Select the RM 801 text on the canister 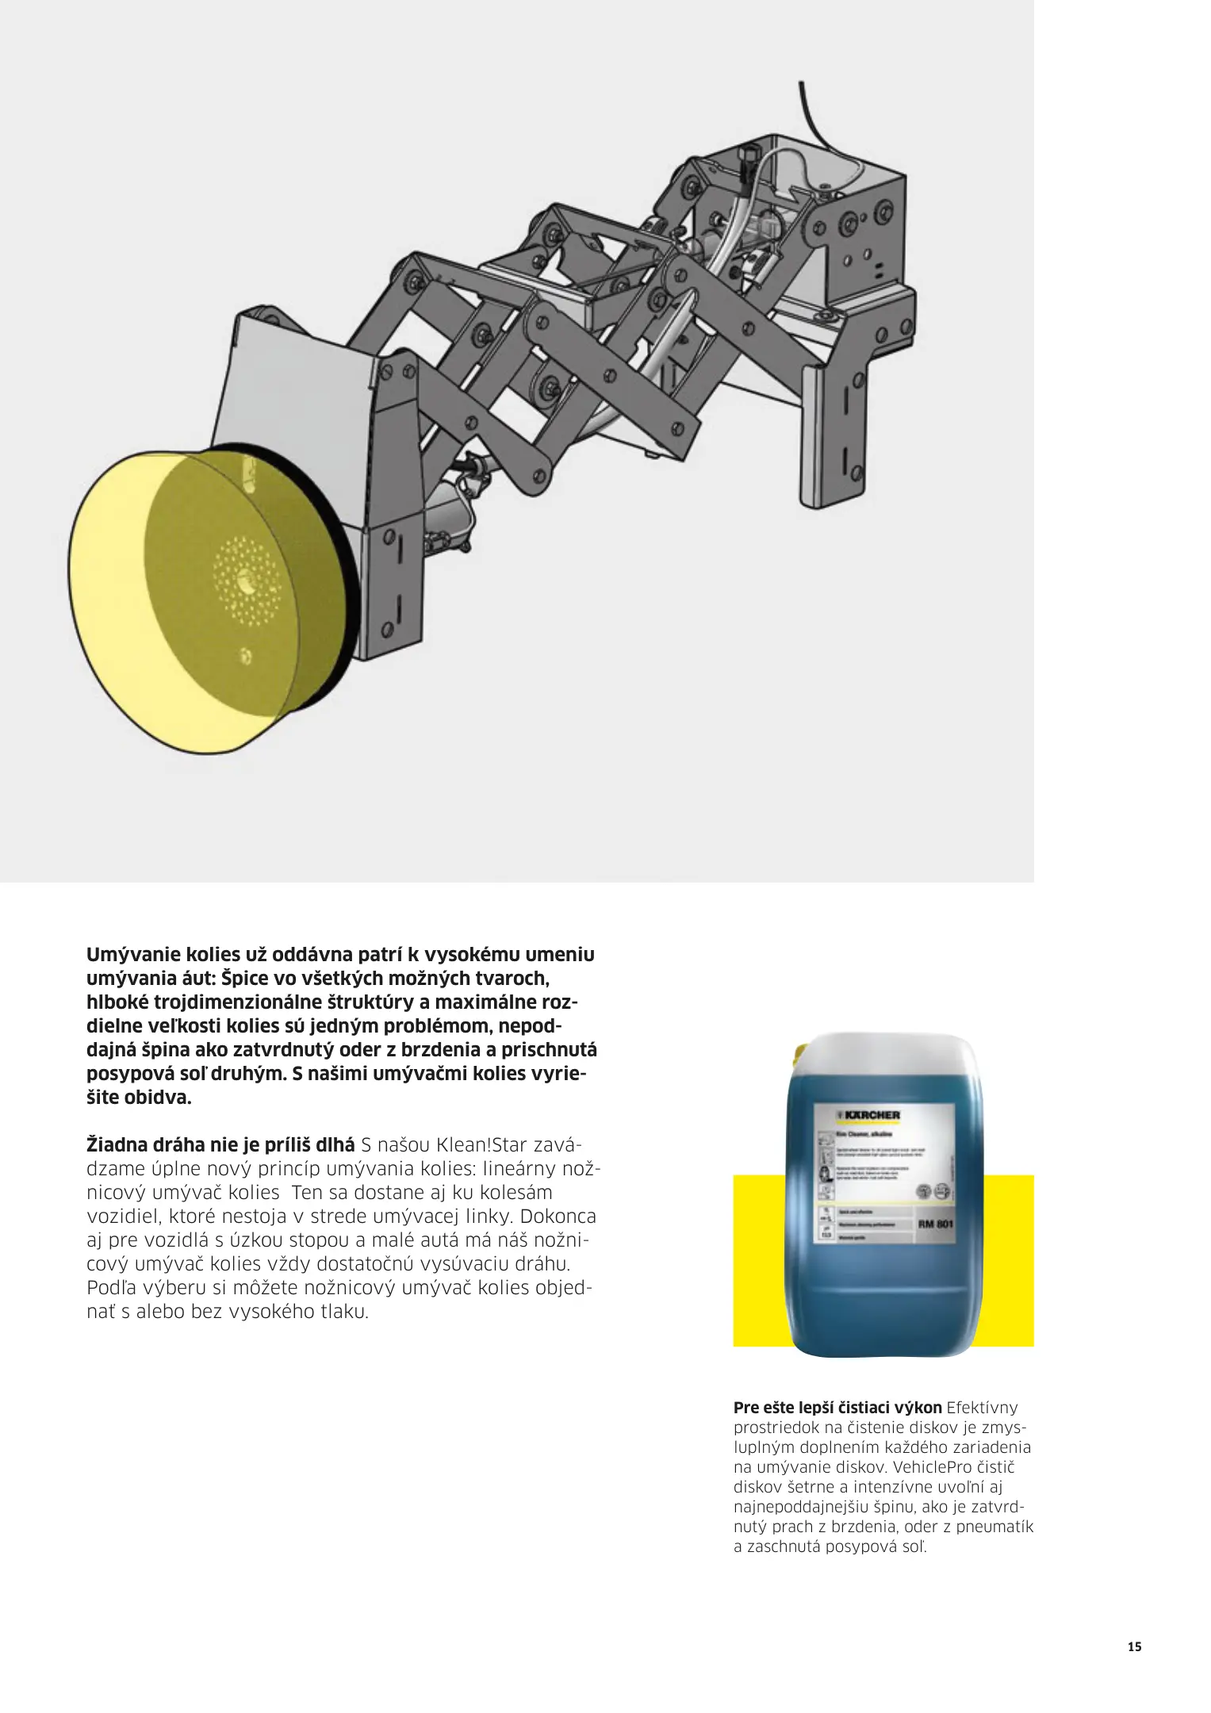(935, 1224)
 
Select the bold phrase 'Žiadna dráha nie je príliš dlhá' (220, 1145)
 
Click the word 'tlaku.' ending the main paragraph (344, 1311)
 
